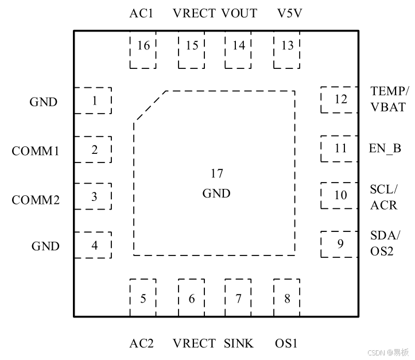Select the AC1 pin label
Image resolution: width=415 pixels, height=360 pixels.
pyautogui.click(x=141, y=13)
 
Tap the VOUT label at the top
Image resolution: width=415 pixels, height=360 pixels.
pyautogui.click(x=239, y=13)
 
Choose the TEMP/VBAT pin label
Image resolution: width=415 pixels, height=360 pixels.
pyautogui.click(x=390, y=99)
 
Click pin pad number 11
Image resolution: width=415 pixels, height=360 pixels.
pyautogui.click(x=340, y=148)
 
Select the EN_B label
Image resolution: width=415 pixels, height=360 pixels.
pyautogui.click(x=385, y=148)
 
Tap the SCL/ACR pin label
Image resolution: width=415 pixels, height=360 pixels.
pyautogui.click(x=383, y=197)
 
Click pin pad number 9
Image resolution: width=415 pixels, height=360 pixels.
pyautogui.click(x=340, y=245)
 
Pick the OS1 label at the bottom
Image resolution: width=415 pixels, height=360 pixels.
pyautogui.click(x=286, y=344)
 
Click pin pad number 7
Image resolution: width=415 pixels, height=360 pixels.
pyautogui.click(x=238, y=299)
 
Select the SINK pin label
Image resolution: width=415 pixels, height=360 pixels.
pyautogui.click(x=239, y=344)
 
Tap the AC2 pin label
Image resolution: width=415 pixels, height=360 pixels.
pyautogui.click(x=141, y=344)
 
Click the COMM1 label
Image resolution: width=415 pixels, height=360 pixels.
pyautogui.click(x=36, y=151)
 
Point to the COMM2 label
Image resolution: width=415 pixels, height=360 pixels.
pyautogui.click(x=36, y=200)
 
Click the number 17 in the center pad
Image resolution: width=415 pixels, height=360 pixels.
pyautogui.click(x=216, y=173)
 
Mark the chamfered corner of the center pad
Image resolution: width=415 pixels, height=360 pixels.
pyautogui.click(x=150, y=106)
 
